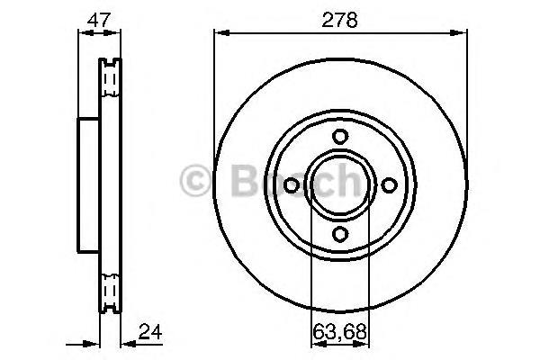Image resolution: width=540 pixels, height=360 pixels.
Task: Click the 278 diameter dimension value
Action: point(339,20)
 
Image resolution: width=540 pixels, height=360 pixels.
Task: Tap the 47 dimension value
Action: point(99,20)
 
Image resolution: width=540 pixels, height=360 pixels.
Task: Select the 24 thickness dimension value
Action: point(150,332)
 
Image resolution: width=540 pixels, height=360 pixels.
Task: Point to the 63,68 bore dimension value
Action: point(339,332)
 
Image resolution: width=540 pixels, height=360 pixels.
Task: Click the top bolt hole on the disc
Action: point(340,137)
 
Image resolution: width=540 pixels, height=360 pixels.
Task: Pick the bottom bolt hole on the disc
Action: point(340,234)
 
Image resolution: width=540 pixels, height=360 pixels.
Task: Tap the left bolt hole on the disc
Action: point(292,185)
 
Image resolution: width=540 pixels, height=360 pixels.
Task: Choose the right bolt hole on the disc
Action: point(389,185)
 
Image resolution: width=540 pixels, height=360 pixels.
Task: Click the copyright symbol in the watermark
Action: point(195,181)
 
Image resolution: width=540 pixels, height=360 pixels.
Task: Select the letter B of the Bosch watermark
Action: point(245,180)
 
